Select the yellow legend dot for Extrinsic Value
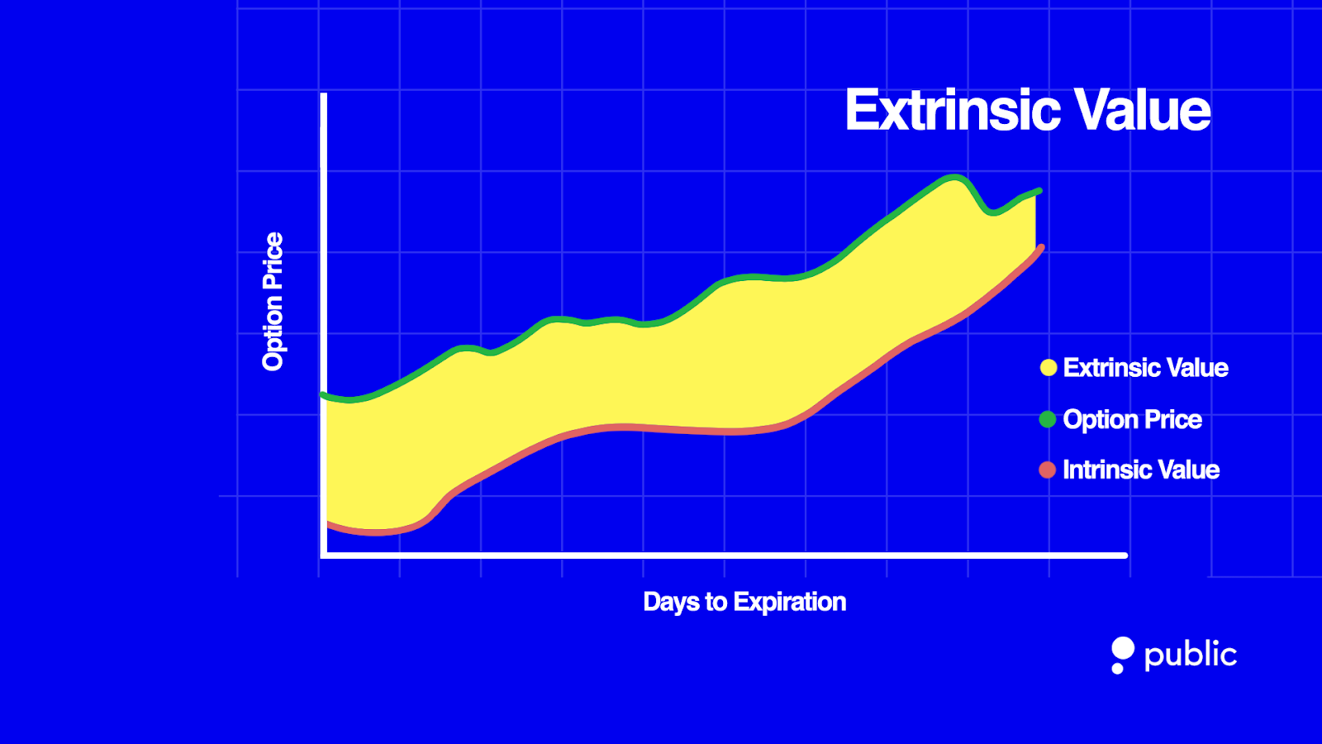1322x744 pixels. [x=1048, y=368]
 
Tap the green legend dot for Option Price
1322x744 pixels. [x=1047, y=419]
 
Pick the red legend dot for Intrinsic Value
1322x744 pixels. [x=1047, y=470]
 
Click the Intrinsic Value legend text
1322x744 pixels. [x=1140, y=470]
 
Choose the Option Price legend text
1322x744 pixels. [x=1132, y=419]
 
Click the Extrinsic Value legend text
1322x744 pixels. [x=1145, y=368]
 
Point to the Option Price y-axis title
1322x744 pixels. [x=273, y=301]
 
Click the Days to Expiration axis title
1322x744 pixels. [x=744, y=602]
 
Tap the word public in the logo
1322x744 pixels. [x=1190, y=655]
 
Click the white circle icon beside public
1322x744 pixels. [x=1123, y=649]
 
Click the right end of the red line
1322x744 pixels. [x=1041, y=247]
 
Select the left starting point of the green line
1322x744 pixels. [x=323, y=395]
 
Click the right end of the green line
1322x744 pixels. [x=1039, y=191]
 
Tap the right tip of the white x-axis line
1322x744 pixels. [x=1125, y=556]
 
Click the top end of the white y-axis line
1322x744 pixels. [x=324, y=96]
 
